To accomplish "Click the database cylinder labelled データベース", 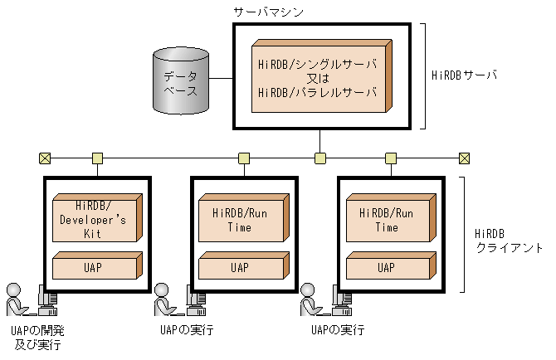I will [x=180, y=80].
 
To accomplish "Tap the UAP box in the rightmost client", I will [x=386, y=266].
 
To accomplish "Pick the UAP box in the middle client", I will [x=241, y=266].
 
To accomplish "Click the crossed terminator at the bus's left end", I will [x=44, y=158].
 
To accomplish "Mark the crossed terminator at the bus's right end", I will [x=464, y=158].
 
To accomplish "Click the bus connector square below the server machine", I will [x=319, y=158].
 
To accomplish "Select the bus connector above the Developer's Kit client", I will [x=97, y=158].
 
